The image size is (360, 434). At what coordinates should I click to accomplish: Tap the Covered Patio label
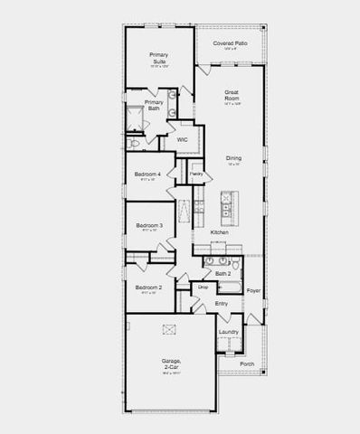(x=230, y=43)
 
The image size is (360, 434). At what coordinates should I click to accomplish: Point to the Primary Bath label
(x=154, y=104)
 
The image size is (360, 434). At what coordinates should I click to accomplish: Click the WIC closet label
(x=182, y=139)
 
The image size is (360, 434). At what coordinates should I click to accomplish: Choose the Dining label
(x=233, y=158)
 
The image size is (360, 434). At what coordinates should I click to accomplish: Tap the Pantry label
(x=195, y=172)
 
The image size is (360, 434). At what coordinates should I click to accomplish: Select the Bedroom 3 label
(x=148, y=225)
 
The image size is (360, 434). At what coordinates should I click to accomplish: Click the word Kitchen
(x=219, y=232)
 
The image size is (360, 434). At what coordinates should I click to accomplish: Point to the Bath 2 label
(x=223, y=272)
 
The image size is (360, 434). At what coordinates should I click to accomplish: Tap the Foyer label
(x=253, y=290)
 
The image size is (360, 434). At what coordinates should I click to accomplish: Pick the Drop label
(x=203, y=287)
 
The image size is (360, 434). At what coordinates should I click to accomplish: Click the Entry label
(x=222, y=303)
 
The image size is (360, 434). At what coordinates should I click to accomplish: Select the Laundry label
(x=229, y=333)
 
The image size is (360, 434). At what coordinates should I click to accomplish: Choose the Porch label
(x=247, y=363)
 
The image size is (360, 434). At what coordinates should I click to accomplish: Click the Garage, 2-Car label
(x=171, y=363)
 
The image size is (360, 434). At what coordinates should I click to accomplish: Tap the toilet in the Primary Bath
(x=134, y=142)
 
